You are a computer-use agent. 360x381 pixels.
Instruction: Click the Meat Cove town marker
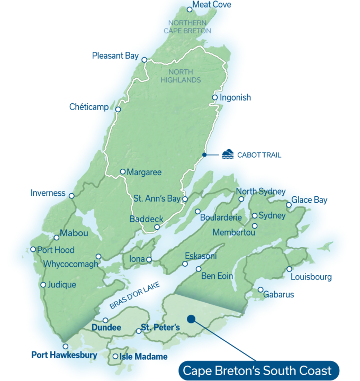click(190, 9)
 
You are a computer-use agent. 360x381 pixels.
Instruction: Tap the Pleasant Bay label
click(115, 56)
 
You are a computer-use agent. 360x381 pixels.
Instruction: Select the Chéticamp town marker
click(119, 110)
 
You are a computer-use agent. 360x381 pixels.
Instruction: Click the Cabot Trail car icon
click(227, 155)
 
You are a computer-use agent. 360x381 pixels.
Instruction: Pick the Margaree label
click(144, 172)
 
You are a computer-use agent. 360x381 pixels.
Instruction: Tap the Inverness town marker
click(71, 196)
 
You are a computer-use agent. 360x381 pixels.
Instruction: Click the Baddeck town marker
click(157, 228)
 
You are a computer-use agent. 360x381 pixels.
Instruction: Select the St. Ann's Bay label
click(156, 199)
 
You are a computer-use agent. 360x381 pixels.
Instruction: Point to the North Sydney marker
click(241, 199)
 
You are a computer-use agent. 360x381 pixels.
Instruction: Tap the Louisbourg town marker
click(290, 269)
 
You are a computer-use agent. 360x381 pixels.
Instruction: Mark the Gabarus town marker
click(261, 289)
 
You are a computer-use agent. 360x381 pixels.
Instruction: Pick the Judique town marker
click(43, 285)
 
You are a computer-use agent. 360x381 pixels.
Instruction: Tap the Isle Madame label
click(143, 357)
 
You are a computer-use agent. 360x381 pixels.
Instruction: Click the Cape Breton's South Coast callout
click(257, 370)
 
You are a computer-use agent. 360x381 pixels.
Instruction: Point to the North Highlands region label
click(184, 76)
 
